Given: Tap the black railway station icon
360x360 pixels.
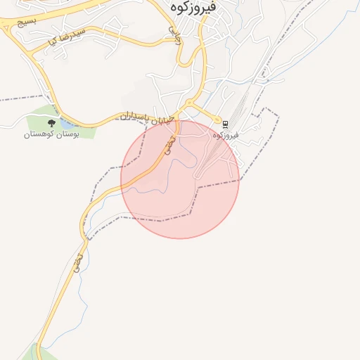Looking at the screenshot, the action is (x=225, y=124).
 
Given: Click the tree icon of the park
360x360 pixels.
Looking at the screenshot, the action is (x=51, y=123).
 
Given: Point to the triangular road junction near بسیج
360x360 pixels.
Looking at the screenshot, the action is (x=8, y=27).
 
